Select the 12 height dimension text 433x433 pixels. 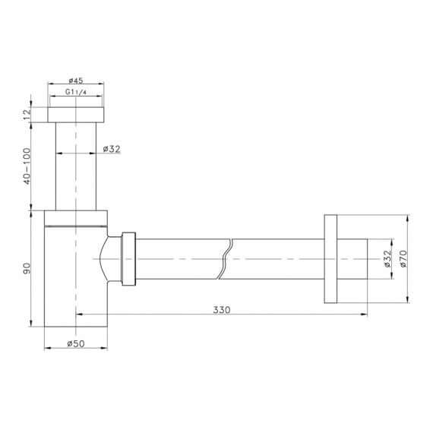coord(27,114)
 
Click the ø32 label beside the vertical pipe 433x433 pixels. coord(112,149)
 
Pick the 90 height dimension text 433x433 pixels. coord(27,268)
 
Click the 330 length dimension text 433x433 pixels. coord(222,309)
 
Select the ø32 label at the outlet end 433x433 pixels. coord(387,259)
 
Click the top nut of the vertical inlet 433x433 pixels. coord(77,114)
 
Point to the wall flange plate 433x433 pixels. coord(330,259)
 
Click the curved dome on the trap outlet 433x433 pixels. coord(112,259)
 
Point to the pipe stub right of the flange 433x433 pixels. coord(352,259)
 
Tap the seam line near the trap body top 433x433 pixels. coord(76,226)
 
